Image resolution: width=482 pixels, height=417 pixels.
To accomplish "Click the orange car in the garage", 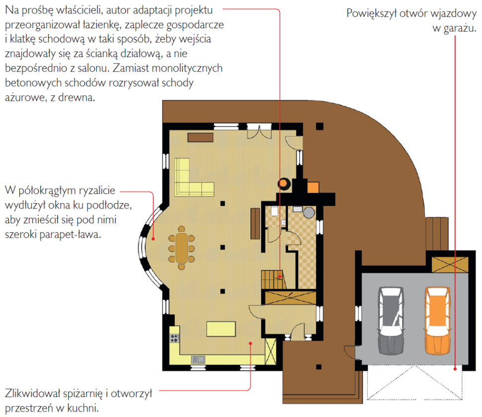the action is [438, 321].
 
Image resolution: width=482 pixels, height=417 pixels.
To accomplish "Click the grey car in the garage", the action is [391, 321].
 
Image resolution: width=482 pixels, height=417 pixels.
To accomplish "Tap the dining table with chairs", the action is [181, 248].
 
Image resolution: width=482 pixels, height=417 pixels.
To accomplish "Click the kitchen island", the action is [221, 329].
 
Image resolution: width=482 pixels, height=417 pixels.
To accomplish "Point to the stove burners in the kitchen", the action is [174, 339].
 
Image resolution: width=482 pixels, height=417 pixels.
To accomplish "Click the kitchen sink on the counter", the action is [198, 359].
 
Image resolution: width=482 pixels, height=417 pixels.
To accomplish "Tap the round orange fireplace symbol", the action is [284, 184].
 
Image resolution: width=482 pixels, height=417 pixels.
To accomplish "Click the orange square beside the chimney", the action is [313, 188].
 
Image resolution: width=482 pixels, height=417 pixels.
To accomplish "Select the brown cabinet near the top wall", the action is [200, 137].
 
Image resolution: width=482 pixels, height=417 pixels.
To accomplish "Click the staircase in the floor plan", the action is [273, 279].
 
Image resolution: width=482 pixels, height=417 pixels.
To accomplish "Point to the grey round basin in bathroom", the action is [309, 212].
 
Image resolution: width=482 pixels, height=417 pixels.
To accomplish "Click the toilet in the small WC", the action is [274, 211].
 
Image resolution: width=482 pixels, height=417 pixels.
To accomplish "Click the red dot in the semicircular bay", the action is [153, 239].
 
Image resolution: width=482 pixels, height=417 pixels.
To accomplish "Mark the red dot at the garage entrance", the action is [455, 369].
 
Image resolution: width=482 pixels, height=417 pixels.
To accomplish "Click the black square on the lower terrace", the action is [319, 367].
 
